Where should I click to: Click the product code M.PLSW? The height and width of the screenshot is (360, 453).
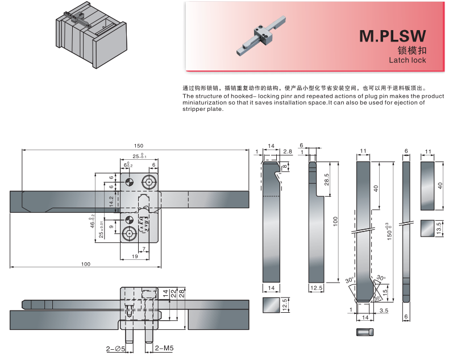point(392,36)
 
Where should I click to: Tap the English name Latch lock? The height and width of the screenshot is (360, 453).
point(407,60)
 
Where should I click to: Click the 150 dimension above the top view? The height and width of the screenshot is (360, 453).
point(139,144)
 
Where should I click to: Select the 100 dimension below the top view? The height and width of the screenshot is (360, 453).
point(85,263)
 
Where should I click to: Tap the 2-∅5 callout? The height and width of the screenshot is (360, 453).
point(115,348)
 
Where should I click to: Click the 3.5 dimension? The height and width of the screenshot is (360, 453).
point(384,311)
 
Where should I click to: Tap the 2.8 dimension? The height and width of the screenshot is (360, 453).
point(288,152)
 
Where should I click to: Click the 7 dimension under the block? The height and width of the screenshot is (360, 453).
point(144,249)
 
